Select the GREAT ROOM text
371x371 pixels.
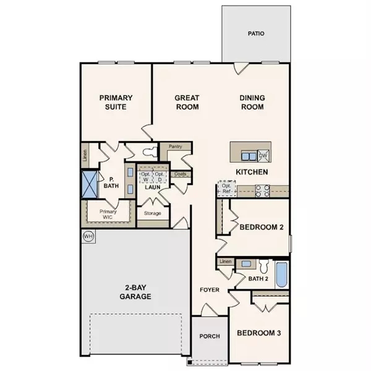coord(186,102)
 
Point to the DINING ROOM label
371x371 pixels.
coord(252,102)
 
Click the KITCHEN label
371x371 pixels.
coord(251,171)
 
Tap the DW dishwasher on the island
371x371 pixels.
coord(263,155)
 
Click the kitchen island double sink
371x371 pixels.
coord(247,155)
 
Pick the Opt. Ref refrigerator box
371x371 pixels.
coord(227,189)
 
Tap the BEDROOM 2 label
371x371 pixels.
coord(261,228)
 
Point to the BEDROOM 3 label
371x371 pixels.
coord(259,333)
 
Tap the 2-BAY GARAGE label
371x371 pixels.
coord(135,291)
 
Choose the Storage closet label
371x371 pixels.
coord(152,214)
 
